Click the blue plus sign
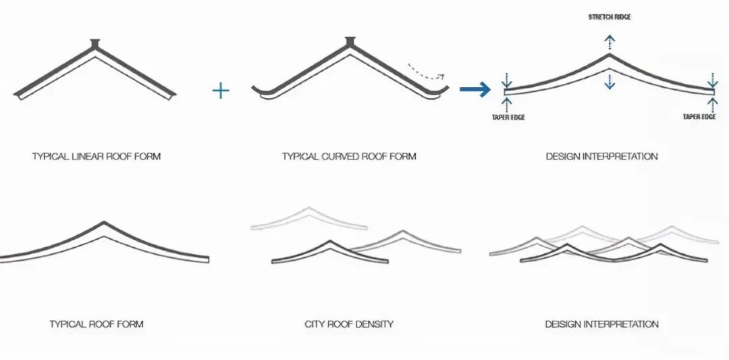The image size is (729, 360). click(x=220, y=91)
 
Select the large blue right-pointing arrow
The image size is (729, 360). click(x=475, y=89)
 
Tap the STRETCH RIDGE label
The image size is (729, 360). click(x=609, y=17)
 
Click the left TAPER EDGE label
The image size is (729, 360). click(x=508, y=118)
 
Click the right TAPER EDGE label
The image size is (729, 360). click(x=699, y=117)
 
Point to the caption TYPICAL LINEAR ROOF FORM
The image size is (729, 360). click(x=97, y=156)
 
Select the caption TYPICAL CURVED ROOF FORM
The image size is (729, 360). click(x=349, y=156)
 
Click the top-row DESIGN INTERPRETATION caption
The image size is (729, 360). click(x=601, y=156)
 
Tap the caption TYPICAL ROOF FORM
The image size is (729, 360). click(x=97, y=324)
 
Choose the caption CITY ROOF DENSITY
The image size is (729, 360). click(x=349, y=324)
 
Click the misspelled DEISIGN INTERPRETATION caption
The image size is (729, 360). click(x=601, y=324)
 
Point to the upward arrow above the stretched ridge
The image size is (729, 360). click(x=609, y=43)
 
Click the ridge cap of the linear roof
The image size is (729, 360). click(x=95, y=44)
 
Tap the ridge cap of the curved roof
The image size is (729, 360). click(x=350, y=43)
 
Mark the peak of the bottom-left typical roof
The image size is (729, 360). click(x=104, y=222)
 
